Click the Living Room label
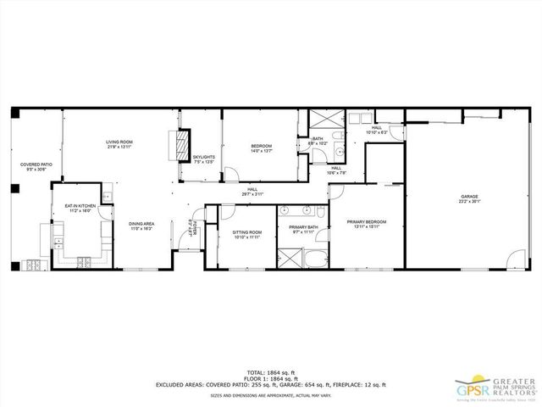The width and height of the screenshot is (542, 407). coord(119,142)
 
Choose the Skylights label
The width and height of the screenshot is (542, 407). coord(203,157)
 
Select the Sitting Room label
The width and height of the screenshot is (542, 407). coord(247,231)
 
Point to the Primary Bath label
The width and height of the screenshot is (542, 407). coord(302,226)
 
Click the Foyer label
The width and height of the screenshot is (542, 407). coord(194,227)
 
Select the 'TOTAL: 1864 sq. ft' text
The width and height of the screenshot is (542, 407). coord(271,372)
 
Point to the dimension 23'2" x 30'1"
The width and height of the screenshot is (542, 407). coord(470,203)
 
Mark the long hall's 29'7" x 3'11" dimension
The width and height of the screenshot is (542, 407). coord(253,194)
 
